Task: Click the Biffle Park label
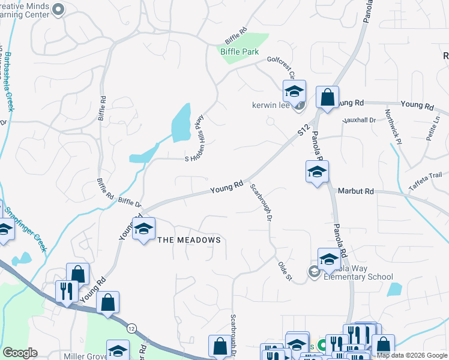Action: point(240,52)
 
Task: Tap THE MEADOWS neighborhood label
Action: point(189,240)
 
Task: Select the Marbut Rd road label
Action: point(356,191)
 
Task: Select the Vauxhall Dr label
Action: point(359,120)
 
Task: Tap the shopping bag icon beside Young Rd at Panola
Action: point(328,98)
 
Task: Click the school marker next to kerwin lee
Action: point(294,92)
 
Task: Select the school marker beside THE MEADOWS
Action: point(143,229)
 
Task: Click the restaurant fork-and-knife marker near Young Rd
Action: point(66,292)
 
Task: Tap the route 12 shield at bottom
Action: point(130,328)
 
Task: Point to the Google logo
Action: point(20,353)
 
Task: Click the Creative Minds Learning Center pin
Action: point(58,9)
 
